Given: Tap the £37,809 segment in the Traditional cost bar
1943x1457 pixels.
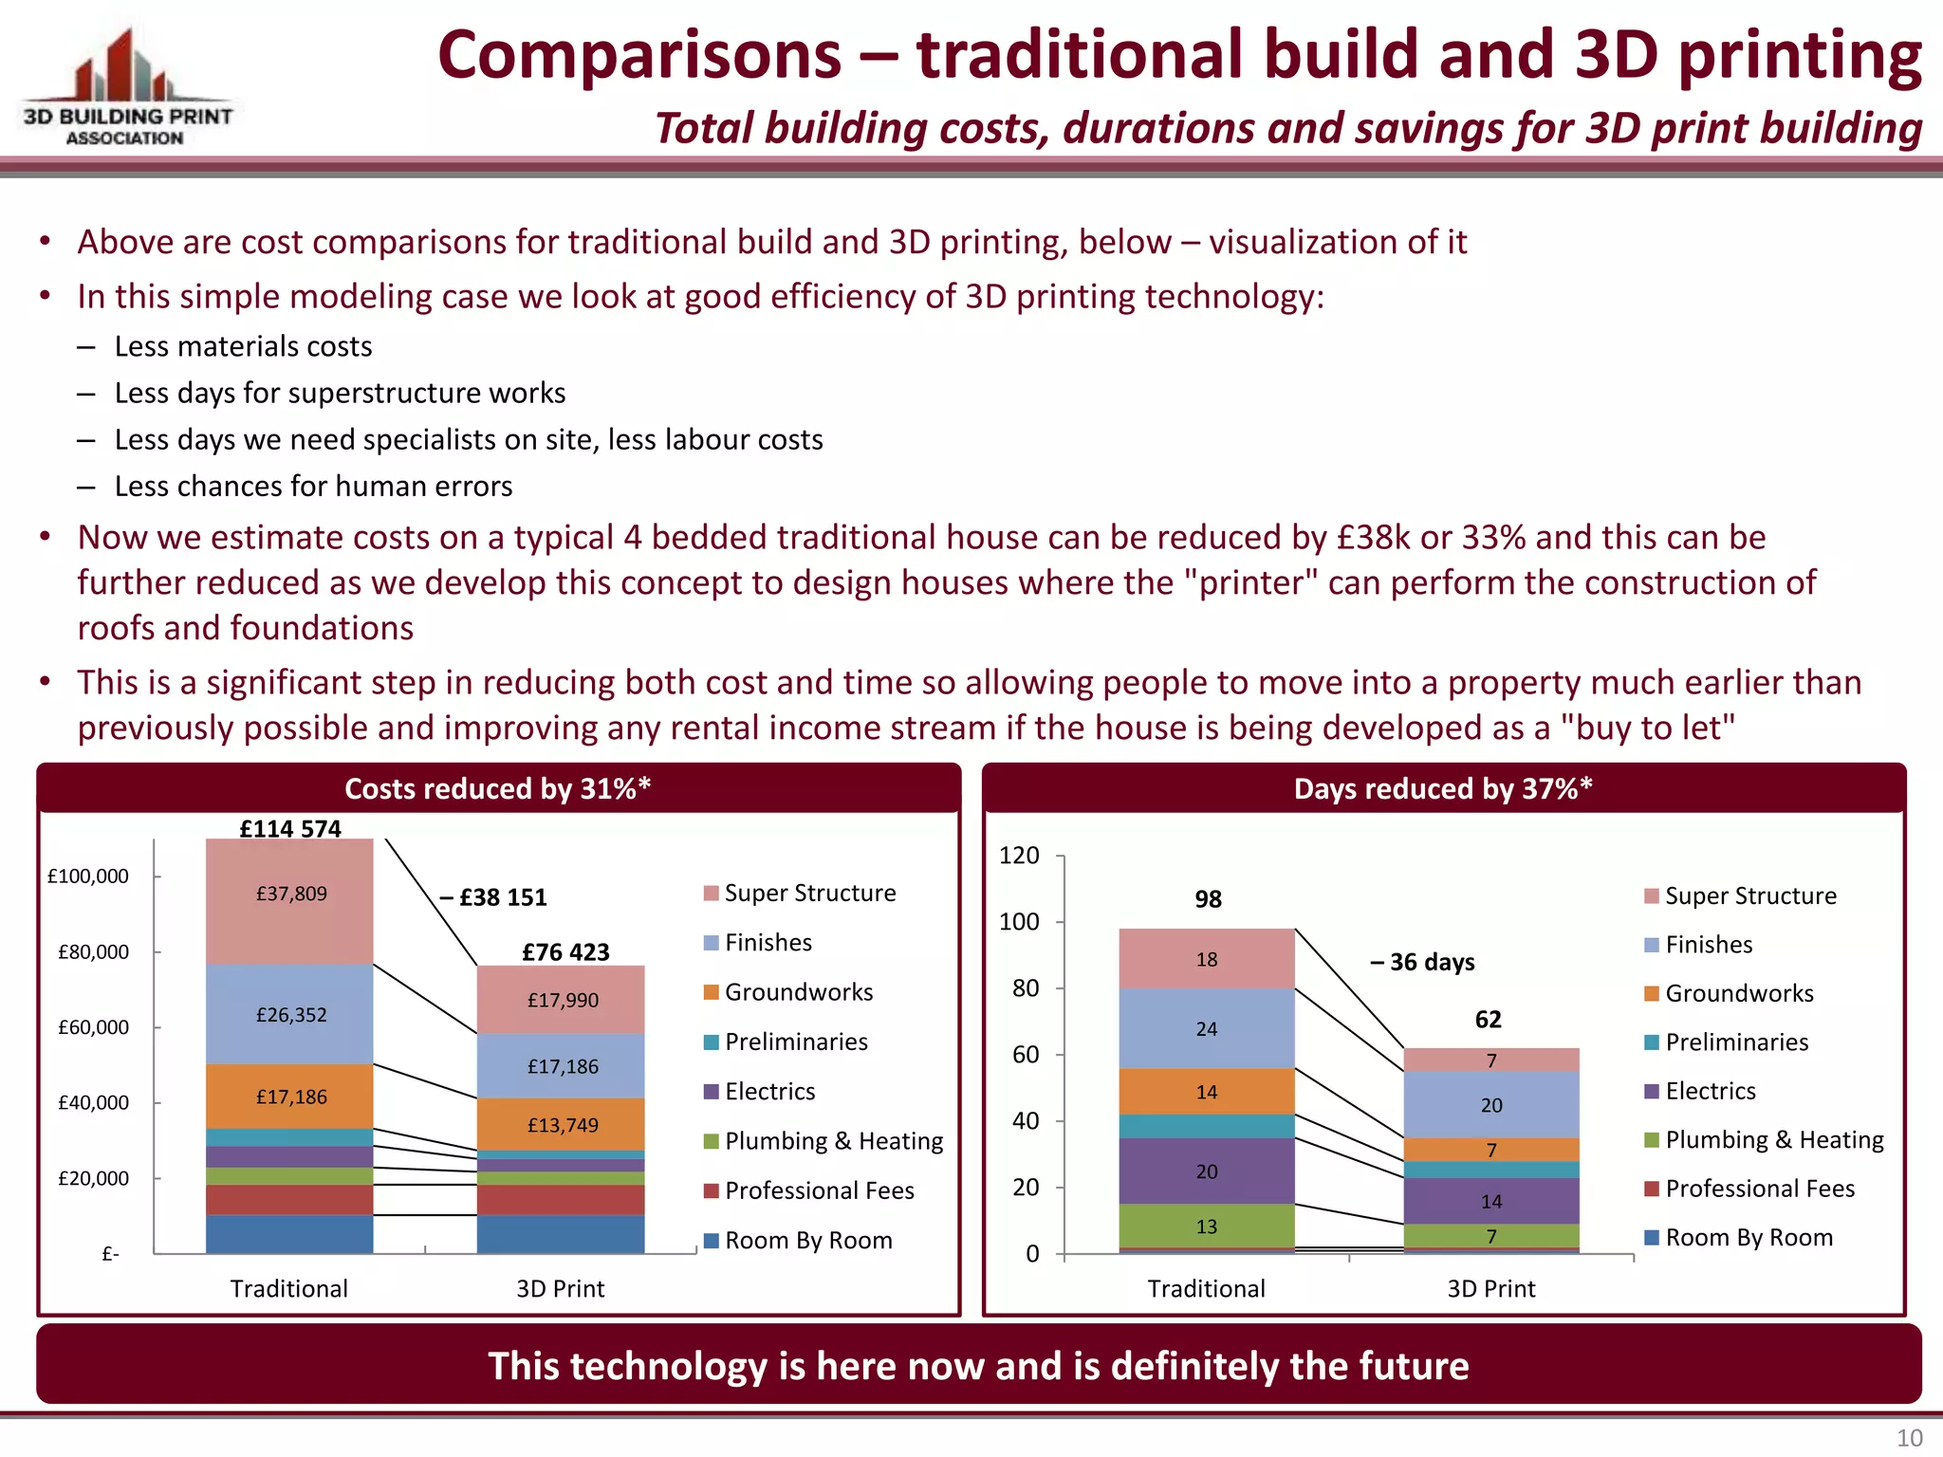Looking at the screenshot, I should [x=291, y=894].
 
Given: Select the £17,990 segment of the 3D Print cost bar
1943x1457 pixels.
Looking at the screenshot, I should [x=563, y=1000].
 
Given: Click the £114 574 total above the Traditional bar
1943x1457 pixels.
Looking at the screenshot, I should [x=290, y=828].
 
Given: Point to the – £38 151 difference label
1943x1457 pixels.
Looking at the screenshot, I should [x=493, y=897].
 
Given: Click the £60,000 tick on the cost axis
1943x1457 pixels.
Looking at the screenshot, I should [x=93, y=1027].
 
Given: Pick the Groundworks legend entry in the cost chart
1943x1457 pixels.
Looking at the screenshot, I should [x=798, y=992].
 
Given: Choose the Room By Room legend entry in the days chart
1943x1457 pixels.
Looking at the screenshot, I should [x=1748, y=1238].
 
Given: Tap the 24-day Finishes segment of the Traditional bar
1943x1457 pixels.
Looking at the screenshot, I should [x=1207, y=1029].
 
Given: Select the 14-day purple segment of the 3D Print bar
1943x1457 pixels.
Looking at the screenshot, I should [x=1491, y=1202].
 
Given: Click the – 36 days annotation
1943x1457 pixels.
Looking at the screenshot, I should [x=1422, y=962].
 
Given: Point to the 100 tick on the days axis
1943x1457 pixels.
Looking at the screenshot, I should [x=1019, y=922].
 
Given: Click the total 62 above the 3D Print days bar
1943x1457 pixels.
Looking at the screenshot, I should [x=1489, y=1020].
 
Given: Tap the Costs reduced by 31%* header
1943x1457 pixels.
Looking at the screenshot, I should [x=498, y=788].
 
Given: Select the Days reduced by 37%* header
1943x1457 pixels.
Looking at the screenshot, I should [x=1443, y=788].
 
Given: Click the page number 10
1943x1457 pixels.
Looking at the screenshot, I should [x=1909, y=1438].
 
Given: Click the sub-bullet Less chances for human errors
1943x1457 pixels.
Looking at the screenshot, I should [x=313, y=487].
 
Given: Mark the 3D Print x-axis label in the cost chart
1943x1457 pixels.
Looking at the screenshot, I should [x=560, y=1289].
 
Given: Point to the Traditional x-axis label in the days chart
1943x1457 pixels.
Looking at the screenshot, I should [x=1206, y=1289].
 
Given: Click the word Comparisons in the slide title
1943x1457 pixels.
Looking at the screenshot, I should [x=639, y=55].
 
